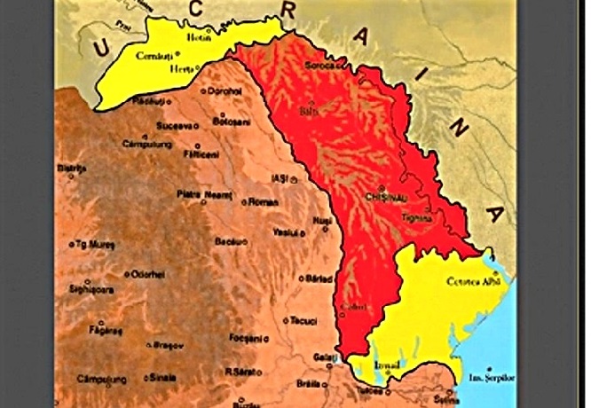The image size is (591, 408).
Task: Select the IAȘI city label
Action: pyautogui.click(x=280, y=178)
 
